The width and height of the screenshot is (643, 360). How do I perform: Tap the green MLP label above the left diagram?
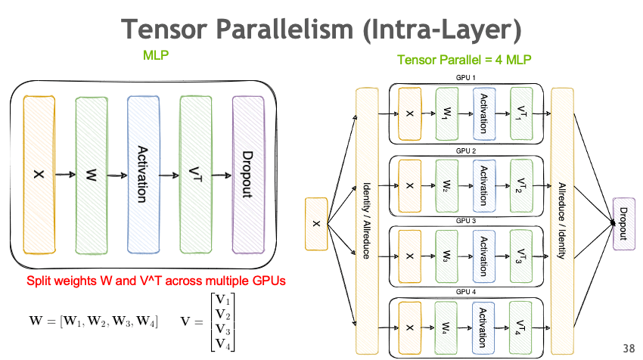click(x=155, y=55)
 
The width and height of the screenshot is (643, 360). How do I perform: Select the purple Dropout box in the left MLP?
click(x=247, y=174)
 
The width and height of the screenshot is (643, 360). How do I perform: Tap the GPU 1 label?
click(x=465, y=79)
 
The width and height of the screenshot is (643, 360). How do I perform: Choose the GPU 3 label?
click(x=465, y=220)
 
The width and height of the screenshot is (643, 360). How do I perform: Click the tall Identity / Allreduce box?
click(x=366, y=220)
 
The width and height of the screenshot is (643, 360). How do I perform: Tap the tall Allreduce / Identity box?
click(x=562, y=220)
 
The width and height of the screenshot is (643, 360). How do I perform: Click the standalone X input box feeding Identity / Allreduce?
click(x=316, y=223)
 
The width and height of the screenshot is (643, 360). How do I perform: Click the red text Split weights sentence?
click(x=156, y=281)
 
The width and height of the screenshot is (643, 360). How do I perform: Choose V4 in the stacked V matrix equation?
click(x=223, y=344)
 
